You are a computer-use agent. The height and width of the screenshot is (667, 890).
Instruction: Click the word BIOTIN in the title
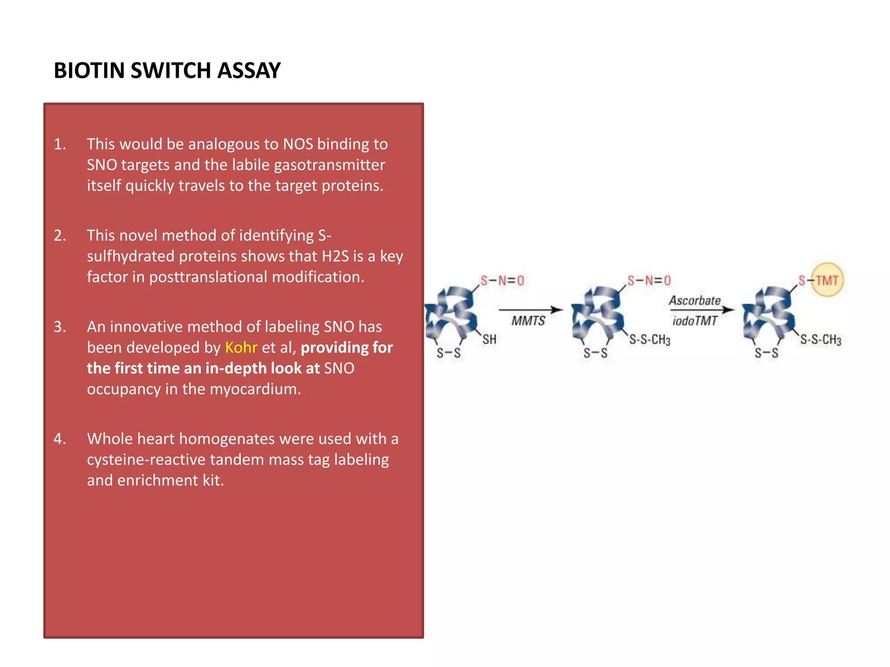tap(89, 70)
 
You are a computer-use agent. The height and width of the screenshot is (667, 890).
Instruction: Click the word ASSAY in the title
tap(249, 70)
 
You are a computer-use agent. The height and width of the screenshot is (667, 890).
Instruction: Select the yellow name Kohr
tap(241, 347)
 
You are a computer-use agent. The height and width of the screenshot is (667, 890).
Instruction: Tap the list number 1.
tap(60, 144)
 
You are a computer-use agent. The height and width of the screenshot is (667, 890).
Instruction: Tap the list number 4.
tap(60, 439)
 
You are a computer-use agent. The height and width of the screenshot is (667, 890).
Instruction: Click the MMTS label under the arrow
tap(528, 321)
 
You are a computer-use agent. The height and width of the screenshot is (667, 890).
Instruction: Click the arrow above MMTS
tap(531, 310)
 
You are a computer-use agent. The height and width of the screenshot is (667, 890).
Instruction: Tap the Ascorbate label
tap(694, 300)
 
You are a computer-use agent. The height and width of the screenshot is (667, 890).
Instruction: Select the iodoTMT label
tap(694, 321)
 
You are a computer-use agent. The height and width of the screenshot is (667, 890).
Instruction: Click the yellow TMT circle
tap(827, 280)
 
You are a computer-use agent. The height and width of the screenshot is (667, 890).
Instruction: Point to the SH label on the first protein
tap(489, 340)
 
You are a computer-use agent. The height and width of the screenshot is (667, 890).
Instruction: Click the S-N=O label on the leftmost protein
tap(502, 281)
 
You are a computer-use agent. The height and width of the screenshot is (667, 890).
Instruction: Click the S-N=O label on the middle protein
tap(649, 281)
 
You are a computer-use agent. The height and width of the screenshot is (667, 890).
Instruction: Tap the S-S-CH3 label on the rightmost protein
tap(820, 340)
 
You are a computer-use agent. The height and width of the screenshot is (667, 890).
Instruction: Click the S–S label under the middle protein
tap(595, 353)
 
